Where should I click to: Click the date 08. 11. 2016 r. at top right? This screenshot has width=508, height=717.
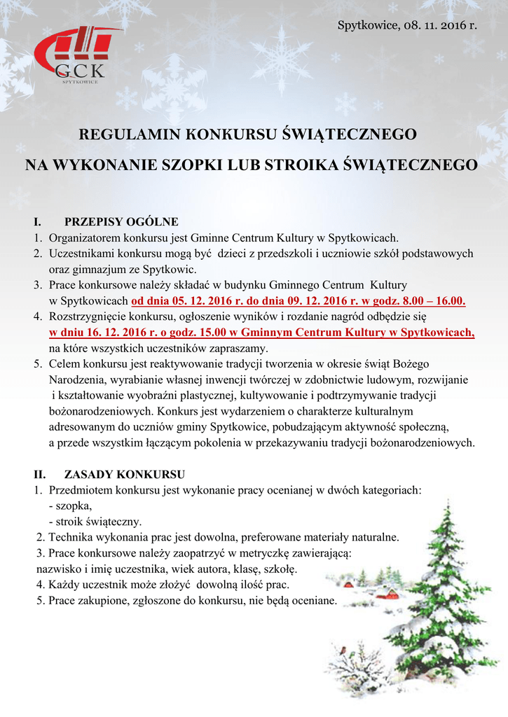(441, 26)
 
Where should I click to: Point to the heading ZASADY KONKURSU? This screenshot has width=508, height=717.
(124, 473)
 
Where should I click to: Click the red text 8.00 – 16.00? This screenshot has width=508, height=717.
(436, 301)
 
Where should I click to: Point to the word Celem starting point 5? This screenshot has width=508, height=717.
(64, 364)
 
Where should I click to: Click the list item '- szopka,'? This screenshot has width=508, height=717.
(71, 505)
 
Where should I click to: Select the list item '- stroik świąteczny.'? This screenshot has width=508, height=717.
(95, 521)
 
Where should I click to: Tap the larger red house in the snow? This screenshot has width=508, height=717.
(383, 594)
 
